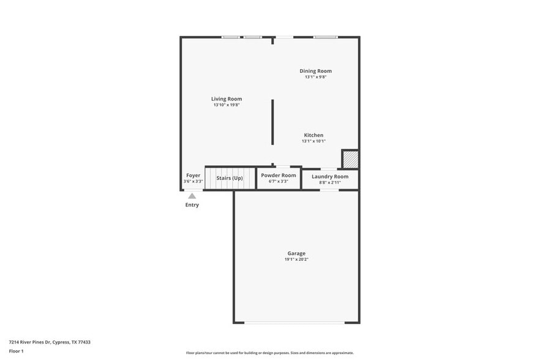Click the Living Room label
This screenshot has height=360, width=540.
click(x=227, y=99)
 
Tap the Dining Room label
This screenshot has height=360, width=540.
click(x=315, y=71)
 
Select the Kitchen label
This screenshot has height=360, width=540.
click(x=313, y=135)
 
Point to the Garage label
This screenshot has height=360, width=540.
click(x=296, y=253)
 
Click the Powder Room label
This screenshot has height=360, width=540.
click(x=279, y=175)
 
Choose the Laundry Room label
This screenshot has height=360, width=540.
click(x=330, y=176)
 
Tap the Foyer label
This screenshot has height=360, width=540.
click(x=193, y=175)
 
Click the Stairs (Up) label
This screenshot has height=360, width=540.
click(x=230, y=178)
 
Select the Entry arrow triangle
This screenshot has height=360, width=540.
click(x=192, y=196)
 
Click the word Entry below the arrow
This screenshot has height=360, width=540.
click(x=192, y=205)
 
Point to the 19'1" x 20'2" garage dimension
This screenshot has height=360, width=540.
click(x=296, y=260)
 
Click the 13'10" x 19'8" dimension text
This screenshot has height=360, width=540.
click(x=227, y=105)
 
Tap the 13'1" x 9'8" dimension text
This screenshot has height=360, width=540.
click(x=315, y=77)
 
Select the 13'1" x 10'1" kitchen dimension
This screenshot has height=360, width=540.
click(x=313, y=141)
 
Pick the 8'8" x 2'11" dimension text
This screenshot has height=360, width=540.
click(x=330, y=182)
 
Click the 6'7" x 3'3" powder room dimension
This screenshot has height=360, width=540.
click(x=279, y=181)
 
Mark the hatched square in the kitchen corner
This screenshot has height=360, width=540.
click(x=350, y=159)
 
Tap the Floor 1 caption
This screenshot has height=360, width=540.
click(x=16, y=351)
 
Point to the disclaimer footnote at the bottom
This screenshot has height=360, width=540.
click(x=269, y=353)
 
